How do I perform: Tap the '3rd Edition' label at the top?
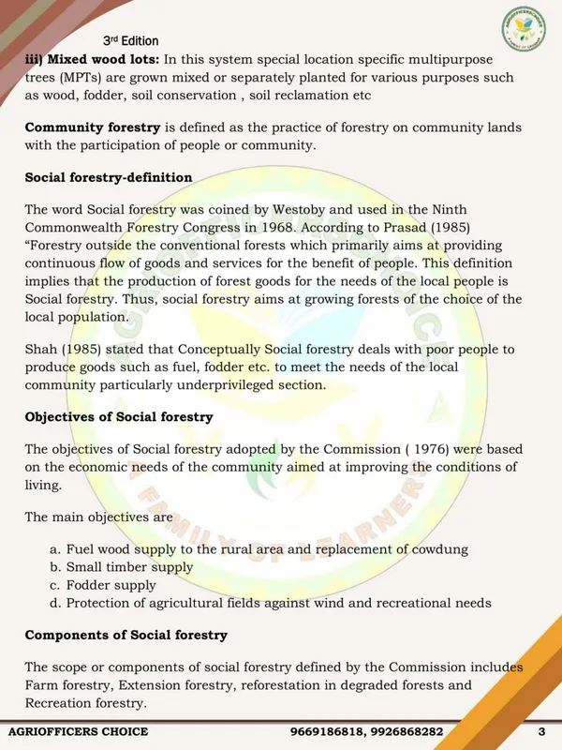click(x=131, y=41)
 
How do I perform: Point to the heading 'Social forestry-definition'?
click(x=108, y=177)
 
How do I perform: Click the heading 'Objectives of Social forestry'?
click(x=118, y=416)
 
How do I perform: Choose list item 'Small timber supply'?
click(x=129, y=567)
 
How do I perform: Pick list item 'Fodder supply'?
click(x=111, y=585)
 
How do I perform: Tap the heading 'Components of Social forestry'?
click(x=126, y=635)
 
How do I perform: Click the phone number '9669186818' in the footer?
click(x=329, y=731)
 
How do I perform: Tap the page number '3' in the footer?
click(x=541, y=731)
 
